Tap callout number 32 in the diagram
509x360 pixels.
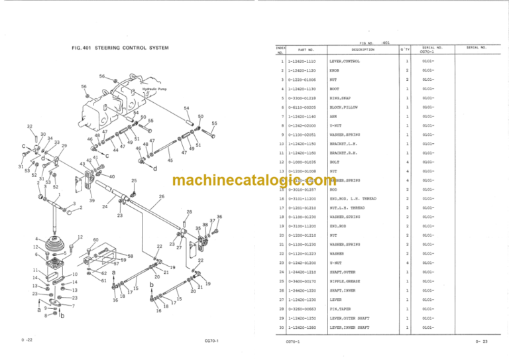tap(30, 126)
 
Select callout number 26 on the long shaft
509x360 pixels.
tap(162, 196)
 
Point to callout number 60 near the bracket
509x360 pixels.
tap(95, 241)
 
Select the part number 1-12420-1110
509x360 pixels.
tap(302, 61)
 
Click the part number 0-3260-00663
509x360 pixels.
tap(302, 309)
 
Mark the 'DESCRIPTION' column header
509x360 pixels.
tap(363, 49)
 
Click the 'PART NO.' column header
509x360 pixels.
tap(306, 50)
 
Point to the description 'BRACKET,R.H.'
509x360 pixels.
tap(345, 152)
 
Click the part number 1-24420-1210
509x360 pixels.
tap(302, 272)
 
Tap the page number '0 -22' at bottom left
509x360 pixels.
tap(27, 340)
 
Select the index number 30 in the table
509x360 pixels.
tap(281, 327)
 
